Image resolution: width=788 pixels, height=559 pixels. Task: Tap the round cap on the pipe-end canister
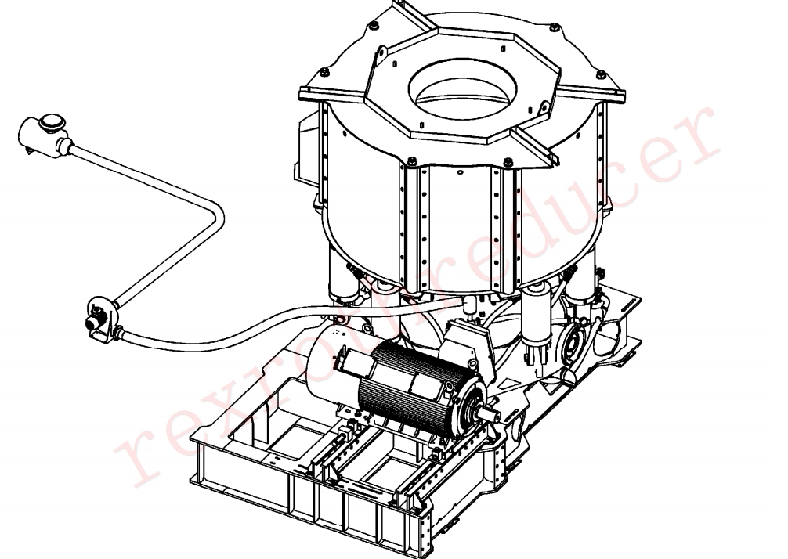click(x=52, y=122)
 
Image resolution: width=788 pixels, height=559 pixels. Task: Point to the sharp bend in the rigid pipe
click(x=217, y=217)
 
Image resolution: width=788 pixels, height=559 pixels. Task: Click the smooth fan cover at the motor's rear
click(x=331, y=362)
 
